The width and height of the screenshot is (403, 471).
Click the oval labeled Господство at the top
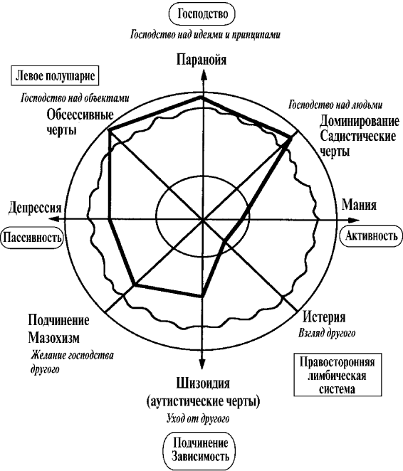202,14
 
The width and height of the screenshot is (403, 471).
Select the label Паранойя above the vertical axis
201,60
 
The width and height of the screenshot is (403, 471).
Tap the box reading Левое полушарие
55,76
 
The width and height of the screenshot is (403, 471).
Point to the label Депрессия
35,208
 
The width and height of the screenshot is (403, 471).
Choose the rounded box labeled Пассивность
33,238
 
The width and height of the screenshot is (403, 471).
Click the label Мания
359,205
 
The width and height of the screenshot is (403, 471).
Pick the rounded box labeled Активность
372,235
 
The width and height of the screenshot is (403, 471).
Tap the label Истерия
324,317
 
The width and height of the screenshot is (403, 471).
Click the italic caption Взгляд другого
327,333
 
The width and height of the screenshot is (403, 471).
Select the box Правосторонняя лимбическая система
337,375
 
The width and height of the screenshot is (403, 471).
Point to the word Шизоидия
203,383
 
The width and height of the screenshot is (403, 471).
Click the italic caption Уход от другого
198,418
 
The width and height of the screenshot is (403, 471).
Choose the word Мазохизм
54,338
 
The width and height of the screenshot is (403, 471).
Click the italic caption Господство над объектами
75,98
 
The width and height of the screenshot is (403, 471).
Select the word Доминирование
360,121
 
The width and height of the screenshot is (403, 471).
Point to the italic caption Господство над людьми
335,105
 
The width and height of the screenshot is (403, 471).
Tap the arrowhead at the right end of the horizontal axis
354,219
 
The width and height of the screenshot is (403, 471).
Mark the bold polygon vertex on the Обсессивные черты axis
110,130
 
